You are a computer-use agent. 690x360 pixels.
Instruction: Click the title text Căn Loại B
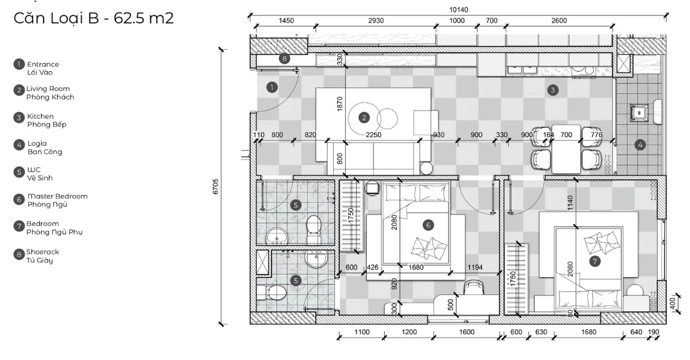tap(57, 18)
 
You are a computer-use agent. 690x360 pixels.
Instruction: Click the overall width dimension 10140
tap(458, 10)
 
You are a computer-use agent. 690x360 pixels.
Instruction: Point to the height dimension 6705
tap(216, 187)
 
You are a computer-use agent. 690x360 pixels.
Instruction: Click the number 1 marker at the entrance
tap(272, 87)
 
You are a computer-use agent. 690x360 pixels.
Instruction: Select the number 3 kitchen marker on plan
tap(553, 90)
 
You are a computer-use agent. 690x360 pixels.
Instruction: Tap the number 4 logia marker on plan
tap(640, 144)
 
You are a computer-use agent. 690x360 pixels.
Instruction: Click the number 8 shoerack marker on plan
tap(284, 58)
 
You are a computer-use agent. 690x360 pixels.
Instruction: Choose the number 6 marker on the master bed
tap(428, 225)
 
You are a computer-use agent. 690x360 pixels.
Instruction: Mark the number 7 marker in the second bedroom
tap(595, 262)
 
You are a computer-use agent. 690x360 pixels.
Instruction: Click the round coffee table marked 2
tap(364, 117)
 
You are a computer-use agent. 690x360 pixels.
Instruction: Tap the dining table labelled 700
tap(566, 149)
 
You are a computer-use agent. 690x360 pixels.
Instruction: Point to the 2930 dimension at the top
tap(376, 21)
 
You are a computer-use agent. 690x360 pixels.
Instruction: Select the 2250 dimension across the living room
tap(373, 135)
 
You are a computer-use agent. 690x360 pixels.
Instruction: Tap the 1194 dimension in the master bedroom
tap(475, 267)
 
